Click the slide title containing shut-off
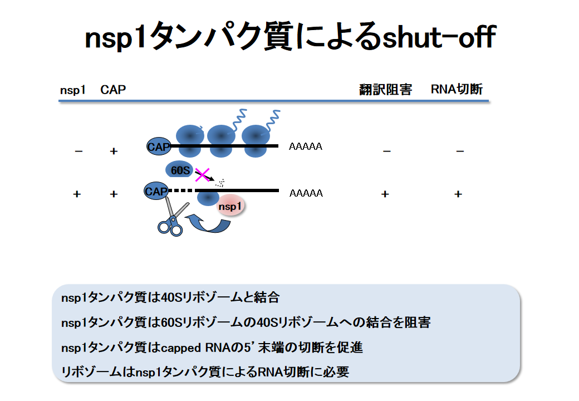(x=289, y=38)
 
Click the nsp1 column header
(x=72, y=90)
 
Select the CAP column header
(x=113, y=90)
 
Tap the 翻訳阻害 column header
(x=385, y=90)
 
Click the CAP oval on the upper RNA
(x=158, y=146)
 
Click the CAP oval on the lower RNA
(x=156, y=192)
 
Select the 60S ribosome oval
(x=179, y=169)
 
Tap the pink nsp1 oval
(x=230, y=207)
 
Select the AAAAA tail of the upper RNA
(x=306, y=147)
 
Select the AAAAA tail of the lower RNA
(x=306, y=194)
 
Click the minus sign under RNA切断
(x=460, y=150)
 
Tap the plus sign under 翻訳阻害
(x=385, y=194)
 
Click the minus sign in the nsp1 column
(x=78, y=150)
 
